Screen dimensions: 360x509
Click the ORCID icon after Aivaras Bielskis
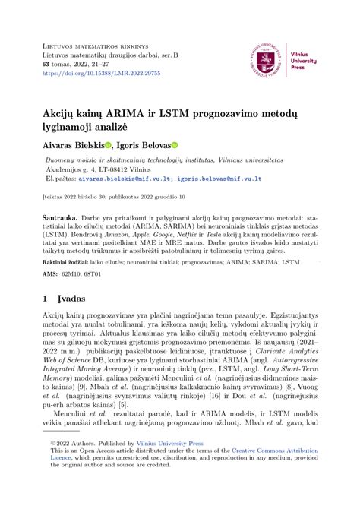pyautogui.click(x=108, y=145)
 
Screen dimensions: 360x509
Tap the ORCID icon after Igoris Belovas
pyautogui.click(x=194, y=145)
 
